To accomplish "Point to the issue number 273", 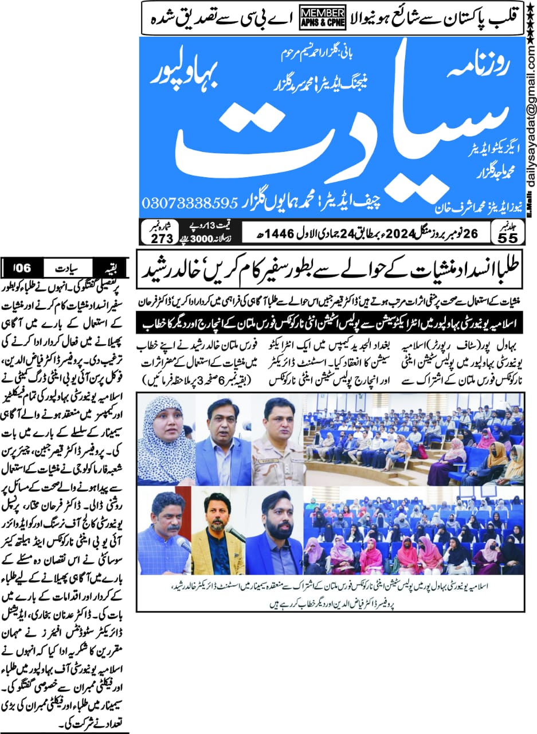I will tap(156, 237).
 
